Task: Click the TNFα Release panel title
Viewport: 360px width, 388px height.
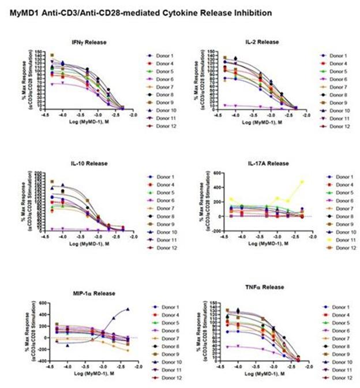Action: coord(261,287)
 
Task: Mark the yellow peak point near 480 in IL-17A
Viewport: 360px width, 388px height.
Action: coord(302,182)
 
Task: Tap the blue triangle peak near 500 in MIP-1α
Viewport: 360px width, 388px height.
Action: coord(127,309)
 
